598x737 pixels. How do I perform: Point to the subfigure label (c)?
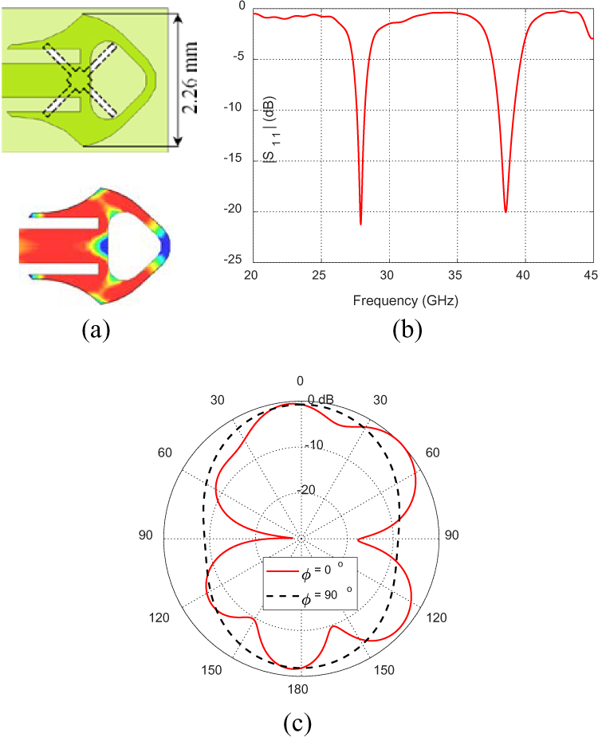point(299,723)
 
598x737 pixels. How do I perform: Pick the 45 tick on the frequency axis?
point(592,274)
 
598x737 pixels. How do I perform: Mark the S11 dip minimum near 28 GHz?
point(360,224)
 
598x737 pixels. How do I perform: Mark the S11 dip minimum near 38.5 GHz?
point(506,212)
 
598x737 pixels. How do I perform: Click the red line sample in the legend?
point(283,571)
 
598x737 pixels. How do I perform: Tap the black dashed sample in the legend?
point(283,596)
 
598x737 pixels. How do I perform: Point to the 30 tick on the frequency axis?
point(388,274)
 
